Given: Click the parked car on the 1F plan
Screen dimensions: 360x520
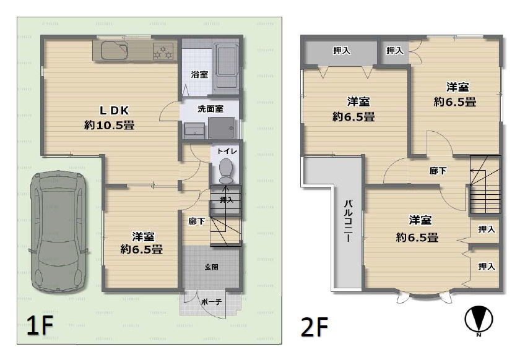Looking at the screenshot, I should pyautogui.click(x=59, y=232).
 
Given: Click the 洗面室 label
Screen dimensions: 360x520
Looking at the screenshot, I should pyautogui.click(x=210, y=109).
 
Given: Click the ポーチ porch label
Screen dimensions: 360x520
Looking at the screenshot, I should pyautogui.click(x=210, y=302).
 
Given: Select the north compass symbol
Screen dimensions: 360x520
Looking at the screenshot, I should pyautogui.click(x=479, y=320).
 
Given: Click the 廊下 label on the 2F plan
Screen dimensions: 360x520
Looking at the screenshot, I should pyautogui.click(x=438, y=171).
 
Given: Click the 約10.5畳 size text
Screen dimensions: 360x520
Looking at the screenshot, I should pyautogui.click(x=110, y=125).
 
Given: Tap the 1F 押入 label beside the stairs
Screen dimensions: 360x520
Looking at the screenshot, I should pyautogui.click(x=227, y=200).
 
